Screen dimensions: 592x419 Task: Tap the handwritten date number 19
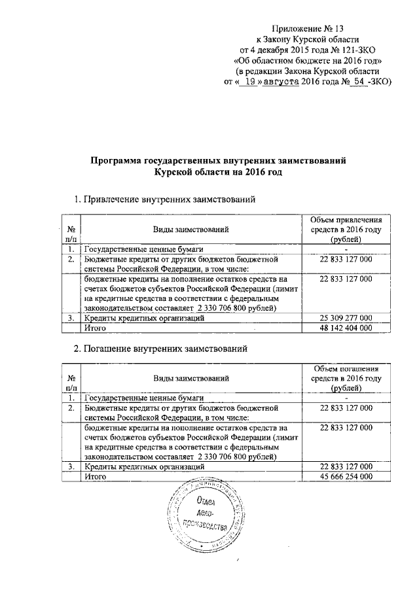249,82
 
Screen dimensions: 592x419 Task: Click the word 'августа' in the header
281,82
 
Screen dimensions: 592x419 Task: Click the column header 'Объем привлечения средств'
346,230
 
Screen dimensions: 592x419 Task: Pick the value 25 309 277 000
346,318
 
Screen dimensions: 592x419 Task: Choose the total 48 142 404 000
346,328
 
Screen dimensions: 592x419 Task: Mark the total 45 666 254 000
346,477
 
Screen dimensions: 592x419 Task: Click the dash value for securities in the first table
346,250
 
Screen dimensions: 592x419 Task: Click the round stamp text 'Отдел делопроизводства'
208,517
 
